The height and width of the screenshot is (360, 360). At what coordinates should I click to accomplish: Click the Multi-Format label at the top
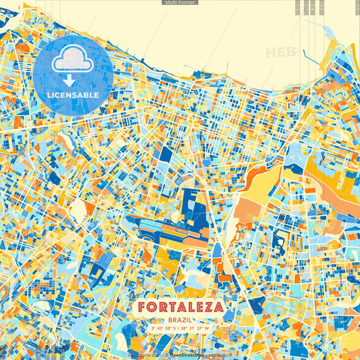coord(180,3)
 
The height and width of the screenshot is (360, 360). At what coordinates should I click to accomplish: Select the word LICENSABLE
coord(73,95)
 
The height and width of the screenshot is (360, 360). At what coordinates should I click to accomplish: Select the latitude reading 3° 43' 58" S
coord(163,329)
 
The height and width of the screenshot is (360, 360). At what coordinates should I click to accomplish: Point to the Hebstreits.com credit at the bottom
coord(146,354)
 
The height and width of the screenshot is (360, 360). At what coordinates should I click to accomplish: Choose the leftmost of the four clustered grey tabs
coord(298,7)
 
